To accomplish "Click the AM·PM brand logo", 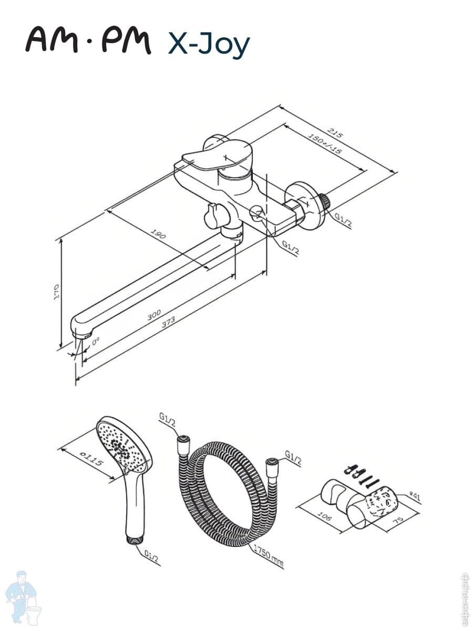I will pyautogui.click(x=88, y=40).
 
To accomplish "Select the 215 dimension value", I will pyautogui.click(x=335, y=132).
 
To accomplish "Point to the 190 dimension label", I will pyautogui.click(x=158, y=233).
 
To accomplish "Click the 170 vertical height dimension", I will pyautogui.click(x=57, y=292).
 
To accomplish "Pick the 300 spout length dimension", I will pyautogui.click(x=153, y=315).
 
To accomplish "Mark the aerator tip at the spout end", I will pyautogui.click(x=83, y=332).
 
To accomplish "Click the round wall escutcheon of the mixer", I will pyautogui.click(x=306, y=206).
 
